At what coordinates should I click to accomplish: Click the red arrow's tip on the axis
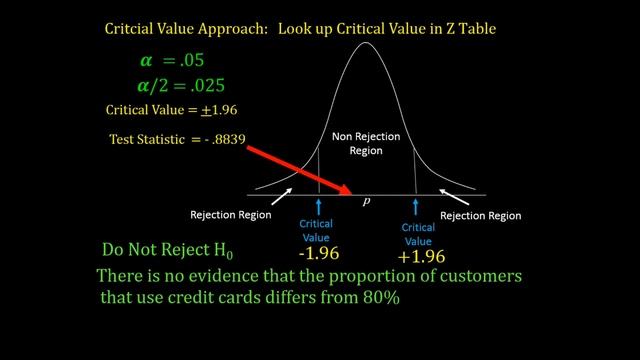[x=350, y=193]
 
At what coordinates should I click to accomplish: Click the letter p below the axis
[x=367, y=202]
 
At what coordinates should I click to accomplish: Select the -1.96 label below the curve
[x=318, y=254]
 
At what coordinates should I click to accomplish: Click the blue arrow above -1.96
[x=318, y=207]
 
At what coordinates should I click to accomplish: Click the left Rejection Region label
[x=232, y=215]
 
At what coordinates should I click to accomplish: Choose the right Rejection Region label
[x=481, y=215]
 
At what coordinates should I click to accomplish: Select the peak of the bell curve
[x=366, y=43]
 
